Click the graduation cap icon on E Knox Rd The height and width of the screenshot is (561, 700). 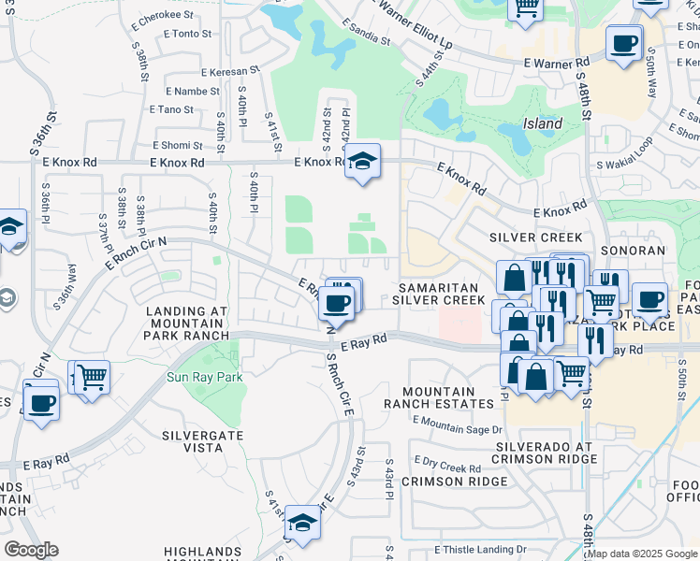click(362, 161)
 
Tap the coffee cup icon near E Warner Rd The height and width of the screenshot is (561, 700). click(623, 43)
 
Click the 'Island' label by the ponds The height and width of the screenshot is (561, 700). click(542, 123)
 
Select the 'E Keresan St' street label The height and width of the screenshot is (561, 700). click(229, 71)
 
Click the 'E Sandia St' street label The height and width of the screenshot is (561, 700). click(366, 33)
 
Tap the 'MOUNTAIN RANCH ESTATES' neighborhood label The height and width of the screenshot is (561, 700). click(438, 396)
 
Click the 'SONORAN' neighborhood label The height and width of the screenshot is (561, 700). click(634, 251)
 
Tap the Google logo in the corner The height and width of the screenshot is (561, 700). click(32, 550)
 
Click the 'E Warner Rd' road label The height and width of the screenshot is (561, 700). click(556, 63)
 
